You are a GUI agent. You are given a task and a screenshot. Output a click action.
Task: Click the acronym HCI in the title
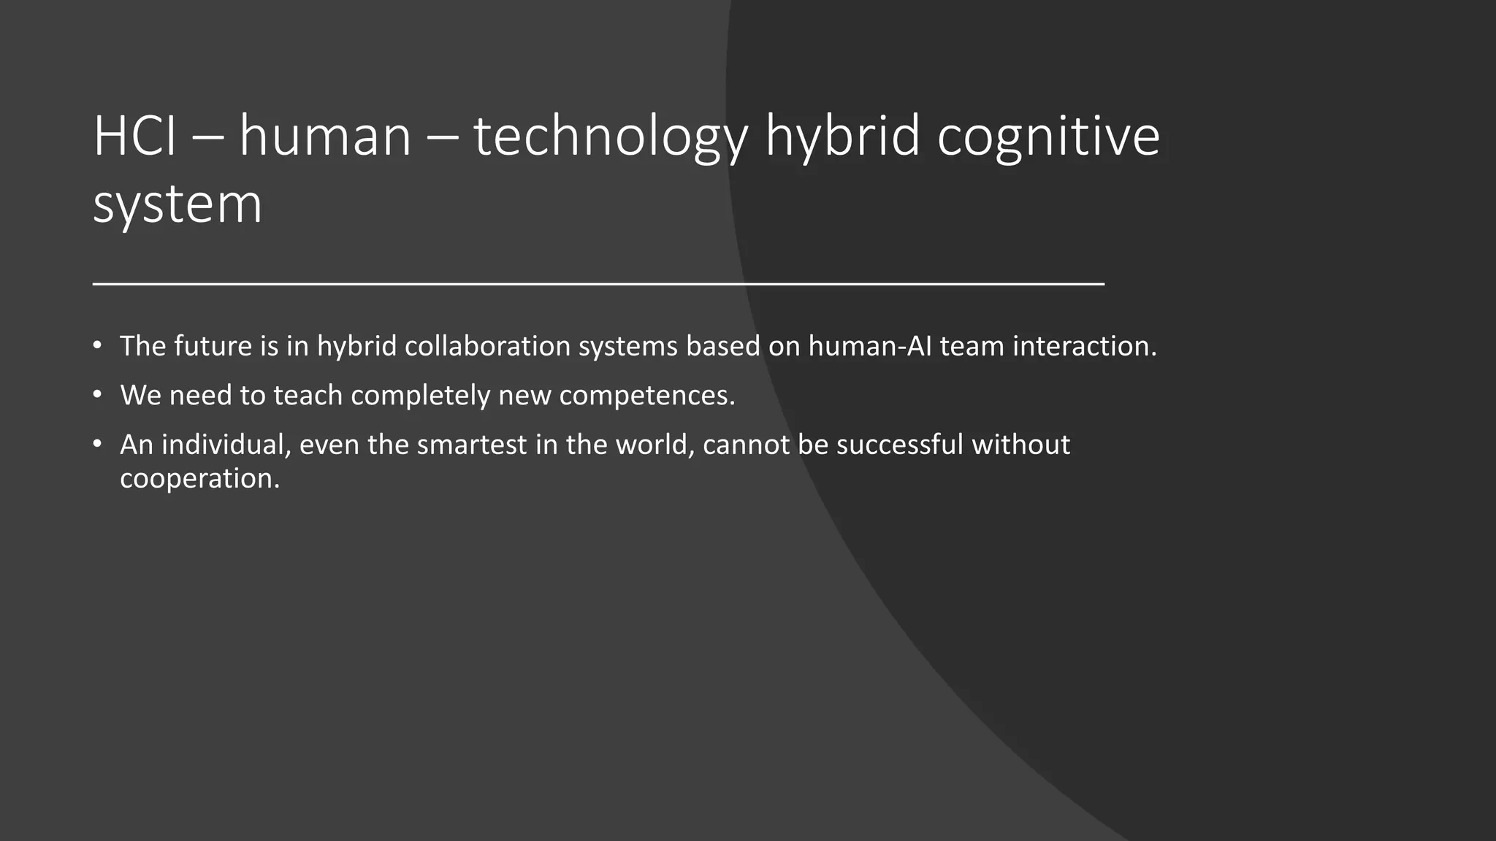pyautogui.click(x=135, y=137)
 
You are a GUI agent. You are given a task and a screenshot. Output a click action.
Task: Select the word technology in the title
pyautogui.click(x=611, y=137)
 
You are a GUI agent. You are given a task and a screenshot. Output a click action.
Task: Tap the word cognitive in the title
pyautogui.click(x=1048, y=137)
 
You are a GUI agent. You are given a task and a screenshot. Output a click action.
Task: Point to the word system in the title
pyautogui.click(x=178, y=204)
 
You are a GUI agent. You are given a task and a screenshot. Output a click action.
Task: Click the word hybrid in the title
pyautogui.click(x=841, y=137)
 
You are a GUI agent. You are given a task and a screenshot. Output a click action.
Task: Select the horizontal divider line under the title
pyautogui.click(x=598, y=283)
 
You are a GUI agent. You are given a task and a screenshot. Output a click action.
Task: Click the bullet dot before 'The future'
pyautogui.click(x=97, y=345)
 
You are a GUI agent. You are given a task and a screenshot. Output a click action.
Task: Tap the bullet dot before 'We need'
pyautogui.click(x=97, y=394)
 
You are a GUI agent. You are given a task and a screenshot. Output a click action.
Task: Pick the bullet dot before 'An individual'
pyautogui.click(x=97, y=443)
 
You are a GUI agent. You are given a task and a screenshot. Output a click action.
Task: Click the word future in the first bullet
pyautogui.click(x=213, y=346)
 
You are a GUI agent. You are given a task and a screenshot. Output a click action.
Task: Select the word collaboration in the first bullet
pyautogui.click(x=487, y=346)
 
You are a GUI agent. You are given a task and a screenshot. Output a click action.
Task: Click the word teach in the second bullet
pyautogui.click(x=308, y=395)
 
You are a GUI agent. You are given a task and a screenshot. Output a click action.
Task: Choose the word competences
pyautogui.click(x=646, y=396)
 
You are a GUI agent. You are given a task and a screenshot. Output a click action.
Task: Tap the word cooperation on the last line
pyautogui.click(x=199, y=479)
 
